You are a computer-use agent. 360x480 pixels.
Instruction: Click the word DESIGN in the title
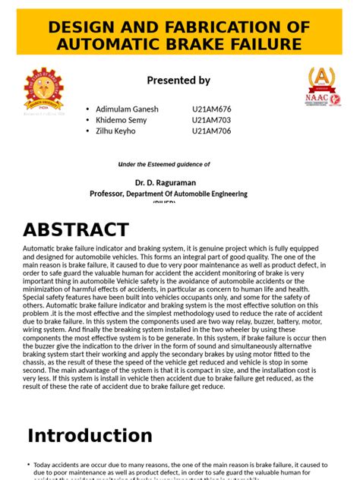[83, 27]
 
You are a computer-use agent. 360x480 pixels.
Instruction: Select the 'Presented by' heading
[178, 81]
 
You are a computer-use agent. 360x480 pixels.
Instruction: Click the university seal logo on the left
[44, 88]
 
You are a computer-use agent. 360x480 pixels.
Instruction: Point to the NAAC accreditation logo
[322, 87]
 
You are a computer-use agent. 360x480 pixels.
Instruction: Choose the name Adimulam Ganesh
[128, 109]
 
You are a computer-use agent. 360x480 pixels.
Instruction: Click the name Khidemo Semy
[122, 120]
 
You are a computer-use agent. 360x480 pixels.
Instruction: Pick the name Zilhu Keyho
[116, 131]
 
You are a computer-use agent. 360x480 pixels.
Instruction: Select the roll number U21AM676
[213, 109]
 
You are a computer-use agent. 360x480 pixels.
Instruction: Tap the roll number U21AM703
[213, 120]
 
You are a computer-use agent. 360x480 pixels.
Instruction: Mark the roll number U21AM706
[213, 131]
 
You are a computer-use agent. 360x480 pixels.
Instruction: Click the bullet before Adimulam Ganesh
[88, 109]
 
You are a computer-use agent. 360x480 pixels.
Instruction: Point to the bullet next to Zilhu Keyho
[88, 131]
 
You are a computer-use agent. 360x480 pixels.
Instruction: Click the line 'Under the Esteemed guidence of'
[164, 164]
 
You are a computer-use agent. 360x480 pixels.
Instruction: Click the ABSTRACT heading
[76, 229]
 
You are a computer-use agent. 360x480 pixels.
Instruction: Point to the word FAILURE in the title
[267, 44]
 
